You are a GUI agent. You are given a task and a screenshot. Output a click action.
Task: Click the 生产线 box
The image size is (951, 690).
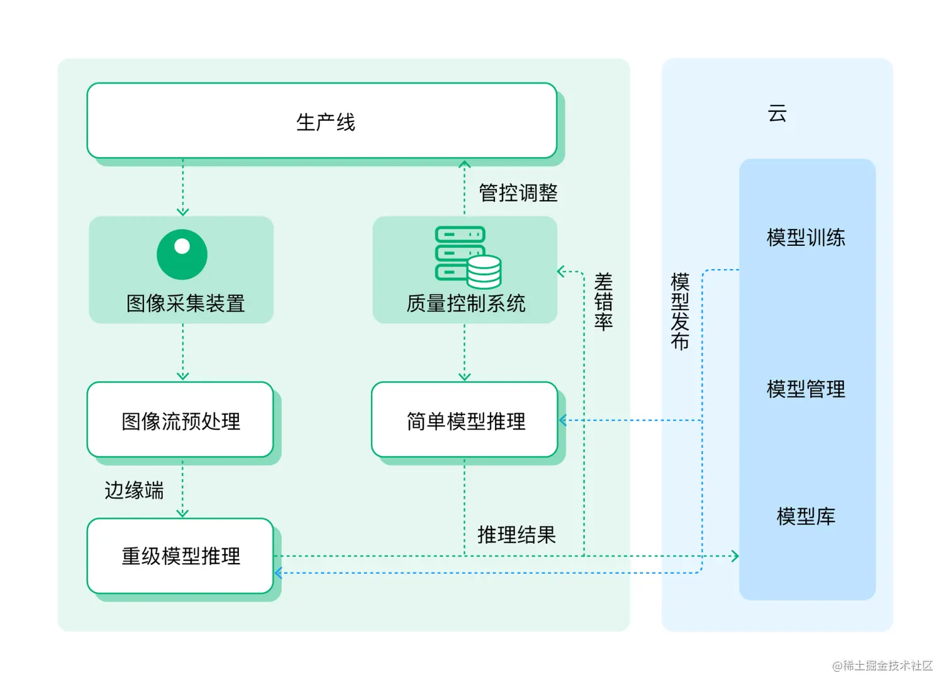coord(322,121)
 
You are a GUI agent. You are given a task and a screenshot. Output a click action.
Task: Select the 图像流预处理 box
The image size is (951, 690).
coord(181,420)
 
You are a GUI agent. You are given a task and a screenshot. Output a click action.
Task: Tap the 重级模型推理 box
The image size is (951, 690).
coord(181,556)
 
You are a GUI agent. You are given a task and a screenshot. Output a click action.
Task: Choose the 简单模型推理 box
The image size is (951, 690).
coord(465,420)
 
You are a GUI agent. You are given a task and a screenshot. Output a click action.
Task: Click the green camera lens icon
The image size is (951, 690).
coord(182,254)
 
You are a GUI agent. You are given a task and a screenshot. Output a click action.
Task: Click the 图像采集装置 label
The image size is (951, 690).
coord(186,303)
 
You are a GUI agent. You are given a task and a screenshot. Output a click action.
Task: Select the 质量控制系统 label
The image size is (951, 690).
coord(465,303)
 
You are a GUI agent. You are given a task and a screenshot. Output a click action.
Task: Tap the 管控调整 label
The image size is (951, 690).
coord(518,192)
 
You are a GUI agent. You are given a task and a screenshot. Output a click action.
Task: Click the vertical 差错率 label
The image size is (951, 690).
coord(603,302)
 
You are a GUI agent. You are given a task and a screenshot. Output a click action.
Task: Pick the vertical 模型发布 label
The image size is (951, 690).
coord(680,311)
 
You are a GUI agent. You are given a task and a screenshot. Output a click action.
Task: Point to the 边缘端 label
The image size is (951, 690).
coord(134,490)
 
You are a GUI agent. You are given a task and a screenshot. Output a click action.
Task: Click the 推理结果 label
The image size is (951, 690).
coord(516,535)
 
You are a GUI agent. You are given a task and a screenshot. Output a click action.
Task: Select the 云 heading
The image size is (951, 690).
coord(777,114)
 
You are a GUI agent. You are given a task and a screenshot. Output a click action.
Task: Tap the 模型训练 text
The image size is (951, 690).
coord(806,238)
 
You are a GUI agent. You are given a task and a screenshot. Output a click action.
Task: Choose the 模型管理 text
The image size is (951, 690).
coord(806,389)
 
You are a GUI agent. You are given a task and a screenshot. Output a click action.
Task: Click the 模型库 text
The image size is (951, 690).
coord(806,516)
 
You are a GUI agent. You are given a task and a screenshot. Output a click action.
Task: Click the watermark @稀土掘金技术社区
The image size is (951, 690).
coord(882,665)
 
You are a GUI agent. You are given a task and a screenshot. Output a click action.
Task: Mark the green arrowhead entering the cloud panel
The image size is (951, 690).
coord(735,556)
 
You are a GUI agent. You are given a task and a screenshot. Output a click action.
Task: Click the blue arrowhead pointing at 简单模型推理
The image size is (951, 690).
coord(563,420)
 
